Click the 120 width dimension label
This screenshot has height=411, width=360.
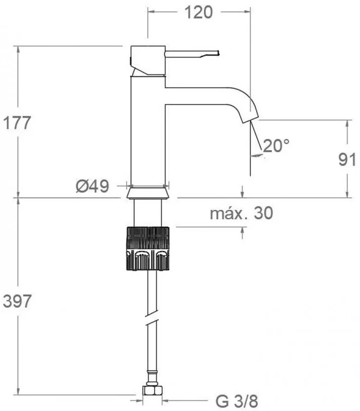coord(199,12)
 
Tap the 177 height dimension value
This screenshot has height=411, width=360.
coord(17,123)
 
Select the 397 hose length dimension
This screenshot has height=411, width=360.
coord(17,301)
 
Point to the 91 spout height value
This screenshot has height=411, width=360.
coord(347,159)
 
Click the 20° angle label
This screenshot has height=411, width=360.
coord(276,145)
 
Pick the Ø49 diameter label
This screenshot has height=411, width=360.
coord(92,186)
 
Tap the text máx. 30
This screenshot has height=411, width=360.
coord(241,213)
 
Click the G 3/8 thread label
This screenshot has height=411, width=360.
coord(237,401)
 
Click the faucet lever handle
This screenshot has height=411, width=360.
coord(192,54)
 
